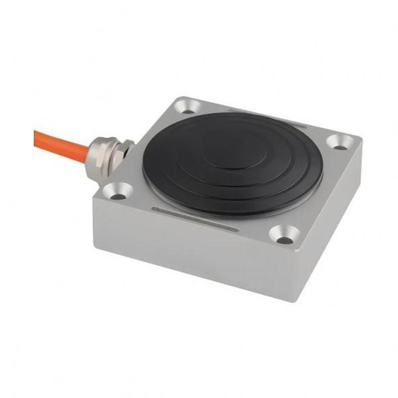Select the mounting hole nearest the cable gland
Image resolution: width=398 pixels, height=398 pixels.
[x=118, y=192]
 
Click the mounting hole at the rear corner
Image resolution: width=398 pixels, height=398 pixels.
[x=188, y=104]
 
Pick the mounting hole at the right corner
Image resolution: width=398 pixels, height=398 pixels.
[x=340, y=141]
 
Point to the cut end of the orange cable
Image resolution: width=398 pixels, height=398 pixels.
[x=36, y=134]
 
